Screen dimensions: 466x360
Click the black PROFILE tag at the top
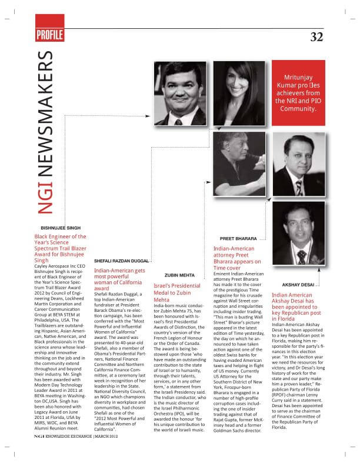(49, 35)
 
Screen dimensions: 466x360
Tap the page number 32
(317, 37)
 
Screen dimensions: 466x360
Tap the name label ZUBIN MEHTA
(179, 274)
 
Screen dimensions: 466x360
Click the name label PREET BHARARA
(238, 238)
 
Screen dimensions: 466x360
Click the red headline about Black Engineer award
(61, 247)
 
